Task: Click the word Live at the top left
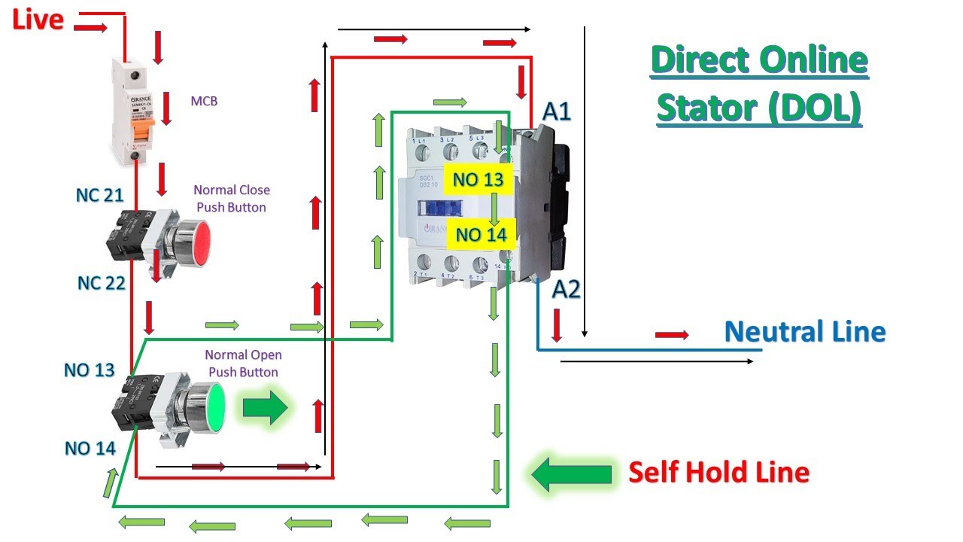tap(38, 20)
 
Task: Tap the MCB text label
tap(204, 101)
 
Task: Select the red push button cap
tap(198, 242)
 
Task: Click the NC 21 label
tap(99, 196)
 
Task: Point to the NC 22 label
tap(101, 283)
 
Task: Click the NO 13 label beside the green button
tap(89, 370)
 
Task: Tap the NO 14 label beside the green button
tap(90, 449)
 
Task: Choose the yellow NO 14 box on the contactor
tap(481, 234)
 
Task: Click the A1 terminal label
tap(557, 112)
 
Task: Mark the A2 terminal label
tap(566, 289)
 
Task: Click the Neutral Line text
tap(804, 331)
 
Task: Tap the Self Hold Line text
tap(718, 473)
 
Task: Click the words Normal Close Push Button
tap(232, 198)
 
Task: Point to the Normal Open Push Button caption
tap(243, 363)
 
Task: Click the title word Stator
tap(706, 108)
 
